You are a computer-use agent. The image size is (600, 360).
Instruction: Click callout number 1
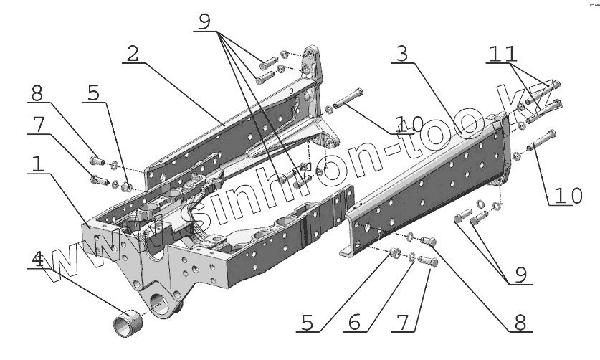tap(38, 164)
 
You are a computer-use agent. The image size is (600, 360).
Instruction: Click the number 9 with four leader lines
tap(204, 22)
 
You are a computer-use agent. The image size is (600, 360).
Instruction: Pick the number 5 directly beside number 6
tap(308, 322)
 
